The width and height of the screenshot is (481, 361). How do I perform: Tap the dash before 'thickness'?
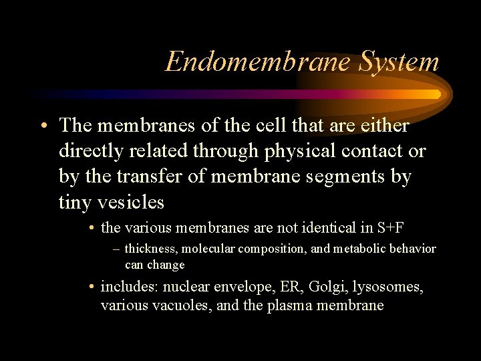(x=117, y=249)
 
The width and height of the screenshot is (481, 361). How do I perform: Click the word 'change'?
(x=166, y=265)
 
